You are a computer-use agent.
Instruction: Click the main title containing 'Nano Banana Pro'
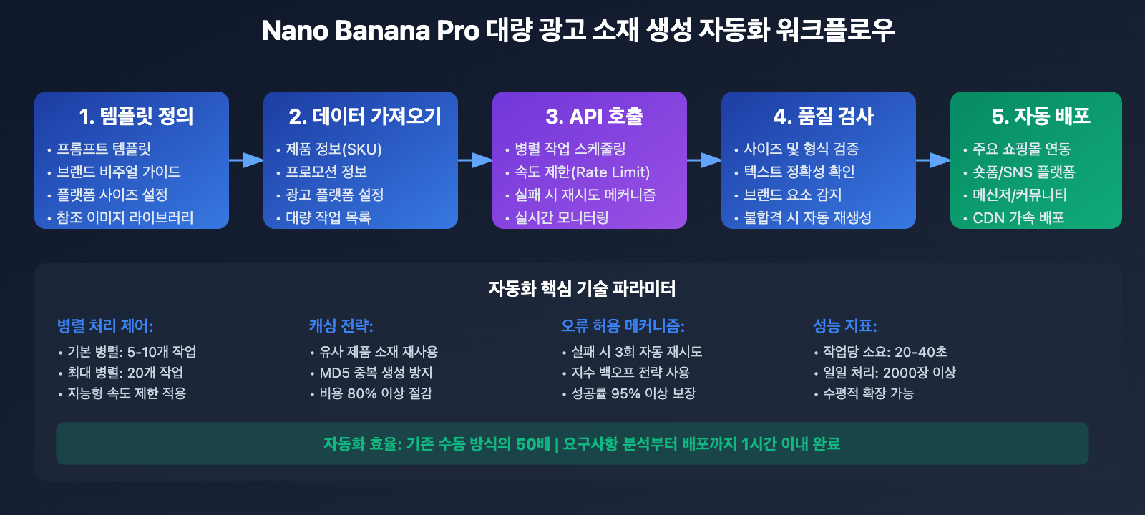[x=578, y=31]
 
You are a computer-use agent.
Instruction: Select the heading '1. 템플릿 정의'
[x=136, y=116]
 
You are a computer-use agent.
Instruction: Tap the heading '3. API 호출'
[x=594, y=116]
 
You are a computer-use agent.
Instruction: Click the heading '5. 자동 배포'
[x=1041, y=116]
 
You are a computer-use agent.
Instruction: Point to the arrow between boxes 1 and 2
[x=246, y=160]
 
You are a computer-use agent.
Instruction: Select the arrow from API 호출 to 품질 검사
[x=704, y=160]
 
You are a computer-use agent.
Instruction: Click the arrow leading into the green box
[x=933, y=160]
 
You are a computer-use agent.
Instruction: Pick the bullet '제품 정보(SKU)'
[x=333, y=149]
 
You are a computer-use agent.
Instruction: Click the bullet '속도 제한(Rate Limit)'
[x=582, y=172]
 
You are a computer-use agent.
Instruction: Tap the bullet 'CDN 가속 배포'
[x=1018, y=217]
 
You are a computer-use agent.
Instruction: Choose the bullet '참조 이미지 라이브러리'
[x=125, y=217]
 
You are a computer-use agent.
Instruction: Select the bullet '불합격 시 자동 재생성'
[x=807, y=217]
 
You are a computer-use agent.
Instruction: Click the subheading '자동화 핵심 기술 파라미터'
[x=582, y=288]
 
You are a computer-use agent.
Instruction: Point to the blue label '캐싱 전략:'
[x=341, y=326]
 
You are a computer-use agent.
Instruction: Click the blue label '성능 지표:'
[x=844, y=326]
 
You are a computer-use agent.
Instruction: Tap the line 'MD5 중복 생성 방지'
[x=376, y=373]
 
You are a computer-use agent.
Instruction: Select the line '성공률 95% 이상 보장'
[x=633, y=393]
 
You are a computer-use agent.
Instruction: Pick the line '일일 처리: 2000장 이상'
[x=890, y=373]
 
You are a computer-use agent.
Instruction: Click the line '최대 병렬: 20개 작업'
[x=125, y=373]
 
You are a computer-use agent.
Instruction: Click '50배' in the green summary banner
[x=532, y=444]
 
